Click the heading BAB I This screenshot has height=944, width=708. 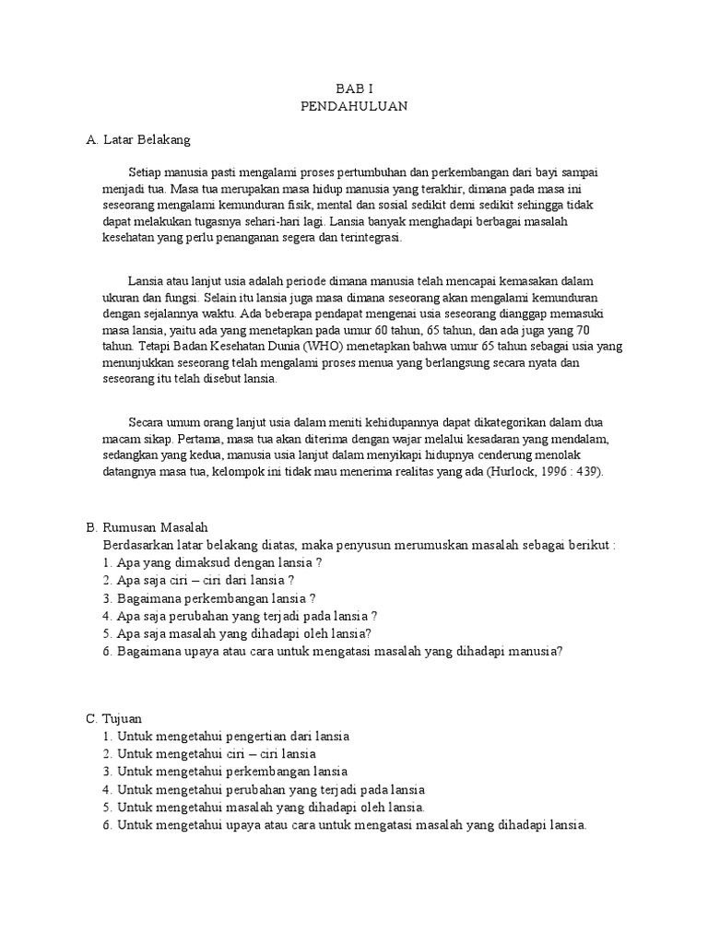(354, 88)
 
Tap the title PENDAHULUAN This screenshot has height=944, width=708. (354, 106)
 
